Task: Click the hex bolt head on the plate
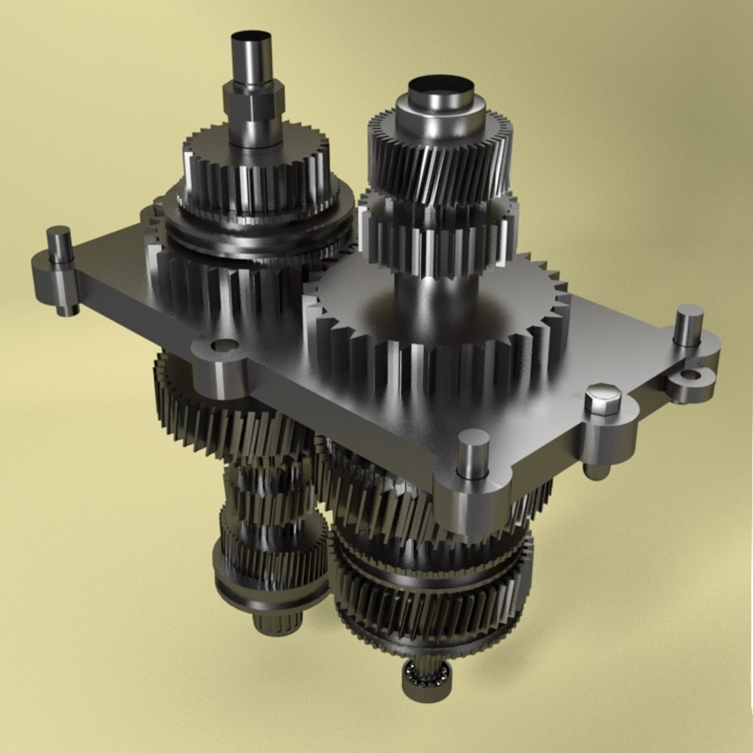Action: click(603, 400)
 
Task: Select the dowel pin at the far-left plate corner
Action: click(61, 241)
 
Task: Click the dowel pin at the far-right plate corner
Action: click(688, 325)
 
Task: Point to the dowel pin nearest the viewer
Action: click(474, 452)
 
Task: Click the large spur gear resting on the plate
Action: click(439, 314)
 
